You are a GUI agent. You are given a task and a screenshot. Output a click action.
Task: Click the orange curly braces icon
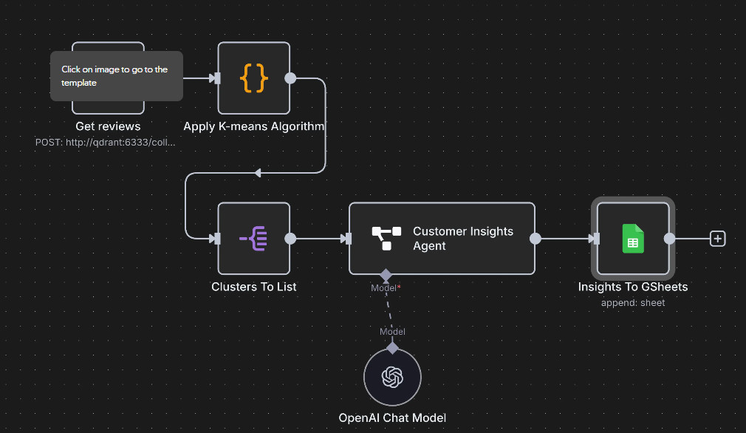click(x=253, y=78)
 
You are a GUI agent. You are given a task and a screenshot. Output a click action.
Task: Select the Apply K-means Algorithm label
click(x=254, y=126)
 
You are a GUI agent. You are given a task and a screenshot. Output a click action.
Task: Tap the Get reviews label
click(x=108, y=126)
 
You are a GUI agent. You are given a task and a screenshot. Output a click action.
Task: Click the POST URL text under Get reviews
click(x=106, y=142)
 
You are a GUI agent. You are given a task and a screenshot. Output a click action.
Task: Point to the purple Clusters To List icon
click(x=253, y=238)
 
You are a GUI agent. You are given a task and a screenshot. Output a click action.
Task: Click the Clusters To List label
click(x=254, y=286)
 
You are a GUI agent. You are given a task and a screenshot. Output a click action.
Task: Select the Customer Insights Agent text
click(x=462, y=239)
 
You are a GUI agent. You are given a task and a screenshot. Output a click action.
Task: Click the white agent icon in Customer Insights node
click(x=386, y=238)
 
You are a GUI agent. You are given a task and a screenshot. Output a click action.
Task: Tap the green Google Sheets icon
click(x=632, y=238)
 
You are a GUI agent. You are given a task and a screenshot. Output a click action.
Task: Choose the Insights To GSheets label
click(x=632, y=287)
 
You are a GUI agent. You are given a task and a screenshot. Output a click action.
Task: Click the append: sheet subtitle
click(x=632, y=302)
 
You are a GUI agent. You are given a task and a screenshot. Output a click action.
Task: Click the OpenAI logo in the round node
click(x=392, y=378)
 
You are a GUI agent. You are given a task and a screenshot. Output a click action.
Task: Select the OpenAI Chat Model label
click(x=392, y=417)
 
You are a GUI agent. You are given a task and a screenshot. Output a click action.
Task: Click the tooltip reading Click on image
click(x=116, y=76)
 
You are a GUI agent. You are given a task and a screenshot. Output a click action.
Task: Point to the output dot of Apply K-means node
click(x=290, y=78)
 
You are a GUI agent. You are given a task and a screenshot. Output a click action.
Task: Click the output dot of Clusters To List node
click(x=290, y=239)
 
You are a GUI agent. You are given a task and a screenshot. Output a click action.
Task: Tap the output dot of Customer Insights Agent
click(x=535, y=239)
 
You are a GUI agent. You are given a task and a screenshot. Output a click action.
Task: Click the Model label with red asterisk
click(x=386, y=287)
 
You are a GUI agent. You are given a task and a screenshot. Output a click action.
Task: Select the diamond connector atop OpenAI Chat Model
click(x=392, y=347)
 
